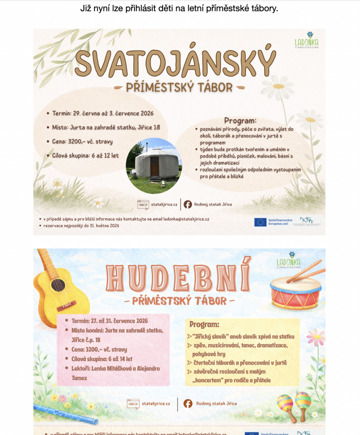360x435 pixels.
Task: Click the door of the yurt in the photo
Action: click(x=155, y=166)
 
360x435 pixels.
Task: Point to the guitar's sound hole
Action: click(x=58, y=285)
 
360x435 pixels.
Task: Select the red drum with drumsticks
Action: click(x=296, y=292)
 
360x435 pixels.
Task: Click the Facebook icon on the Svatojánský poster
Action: click(x=188, y=204)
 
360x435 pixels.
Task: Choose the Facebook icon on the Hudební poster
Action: click(x=188, y=404)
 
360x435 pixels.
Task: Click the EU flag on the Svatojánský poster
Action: click(x=260, y=222)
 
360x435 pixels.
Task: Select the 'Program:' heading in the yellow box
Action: click(x=204, y=325)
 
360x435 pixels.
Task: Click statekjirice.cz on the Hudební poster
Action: click(x=156, y=404)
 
